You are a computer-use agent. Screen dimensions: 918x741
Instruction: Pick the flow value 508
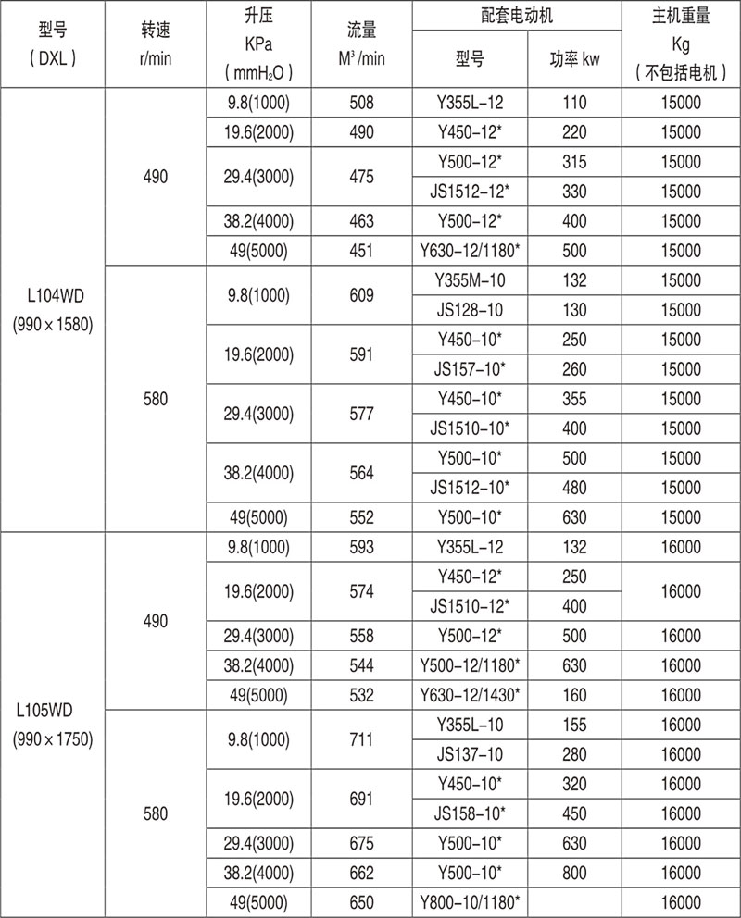(x=362, y=103)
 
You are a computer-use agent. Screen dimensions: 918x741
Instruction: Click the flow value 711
(x=362, y=739)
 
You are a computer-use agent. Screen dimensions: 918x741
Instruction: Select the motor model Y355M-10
(x=471, y=280)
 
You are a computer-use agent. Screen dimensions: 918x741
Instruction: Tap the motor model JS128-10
(x=471, y=308)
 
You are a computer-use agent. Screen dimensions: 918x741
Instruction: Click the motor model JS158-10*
(x=471, y=813)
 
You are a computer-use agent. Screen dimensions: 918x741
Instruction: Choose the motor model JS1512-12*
(x=471, y=192)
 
